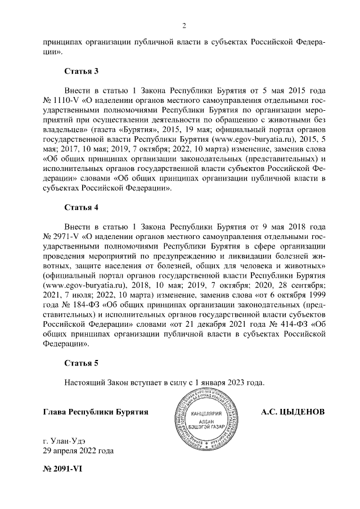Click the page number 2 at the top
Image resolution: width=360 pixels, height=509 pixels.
click(184, 25)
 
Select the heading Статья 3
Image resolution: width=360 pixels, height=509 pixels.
click(82, 71)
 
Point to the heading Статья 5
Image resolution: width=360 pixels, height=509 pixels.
click(82, 363)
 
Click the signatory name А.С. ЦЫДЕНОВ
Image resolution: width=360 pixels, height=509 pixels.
click(292, 411)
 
